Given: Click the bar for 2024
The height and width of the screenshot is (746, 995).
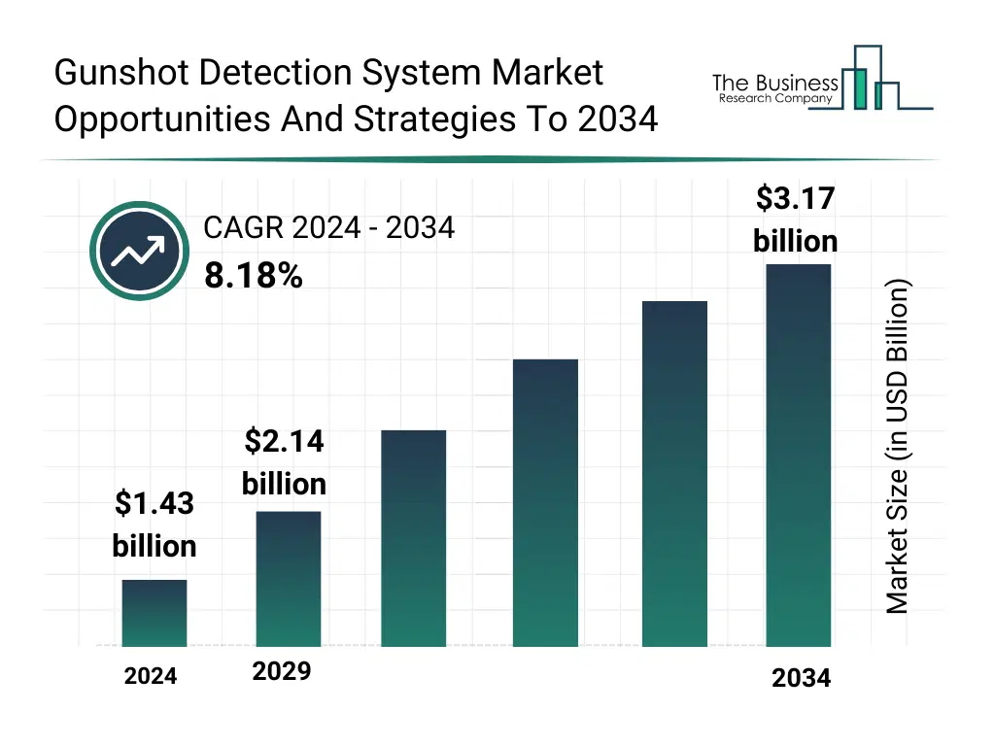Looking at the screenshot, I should point(154,613).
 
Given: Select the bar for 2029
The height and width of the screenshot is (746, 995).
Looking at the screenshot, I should point(289,579).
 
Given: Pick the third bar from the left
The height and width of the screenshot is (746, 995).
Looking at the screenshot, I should point(414,538).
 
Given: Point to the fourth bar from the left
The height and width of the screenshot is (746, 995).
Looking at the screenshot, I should point(545,502).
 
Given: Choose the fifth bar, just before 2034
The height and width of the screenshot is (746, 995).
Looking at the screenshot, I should point(674,473).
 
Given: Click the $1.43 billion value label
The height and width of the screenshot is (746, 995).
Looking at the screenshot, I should point(154,525).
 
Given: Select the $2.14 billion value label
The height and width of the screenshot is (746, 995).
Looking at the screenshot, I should point(284,462).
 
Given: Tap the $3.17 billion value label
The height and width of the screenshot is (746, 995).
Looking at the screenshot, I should point(796,220).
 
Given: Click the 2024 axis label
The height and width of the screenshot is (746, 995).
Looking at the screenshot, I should point(151,676).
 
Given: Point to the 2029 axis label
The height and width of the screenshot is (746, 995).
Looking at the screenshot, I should point(282,671).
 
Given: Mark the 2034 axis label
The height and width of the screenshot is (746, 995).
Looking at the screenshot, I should point(802,678).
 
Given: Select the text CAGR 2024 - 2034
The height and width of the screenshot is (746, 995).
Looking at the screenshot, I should point(328,227).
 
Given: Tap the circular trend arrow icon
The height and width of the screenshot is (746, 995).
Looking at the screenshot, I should point(140,252).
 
